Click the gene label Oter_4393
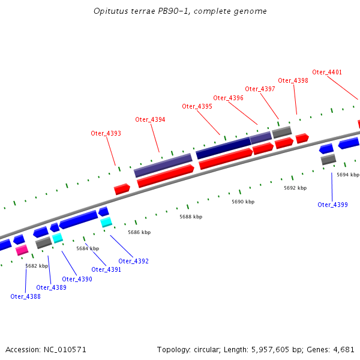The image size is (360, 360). (106, 133)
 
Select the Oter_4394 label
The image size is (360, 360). (150, 119)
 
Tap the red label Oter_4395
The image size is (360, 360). (197, 106)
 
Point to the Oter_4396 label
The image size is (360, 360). (228, 98)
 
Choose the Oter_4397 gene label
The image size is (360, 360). (260, 89)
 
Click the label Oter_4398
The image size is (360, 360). (293, 80)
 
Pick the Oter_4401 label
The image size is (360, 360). (326, 72)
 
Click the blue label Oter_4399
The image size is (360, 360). (332, 205)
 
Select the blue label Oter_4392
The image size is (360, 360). (133, 261)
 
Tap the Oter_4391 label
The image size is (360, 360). (106, 270)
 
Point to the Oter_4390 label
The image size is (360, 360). (77, 279)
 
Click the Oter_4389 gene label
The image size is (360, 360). (51, 287)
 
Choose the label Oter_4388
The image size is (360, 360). (25, 296)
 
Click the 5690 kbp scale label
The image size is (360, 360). (243, 202)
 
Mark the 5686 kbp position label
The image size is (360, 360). (139, 232)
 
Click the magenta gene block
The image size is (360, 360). (22, 250)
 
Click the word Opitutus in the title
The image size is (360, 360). (110, 11)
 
